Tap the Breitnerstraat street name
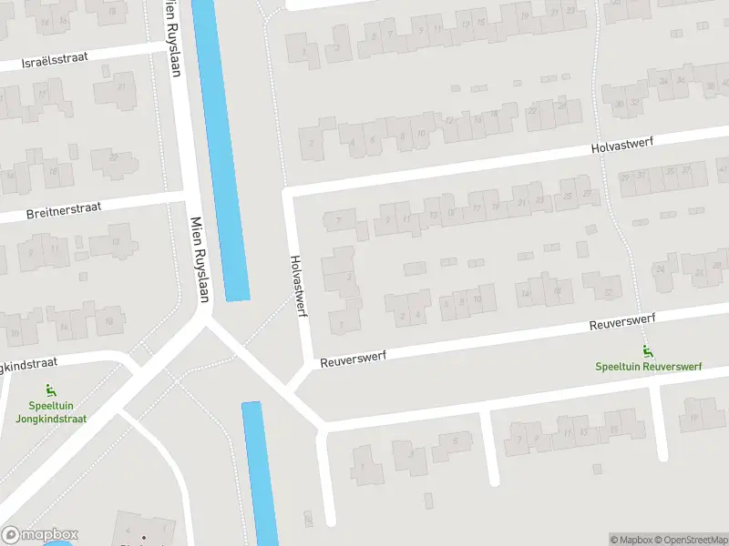pos(65,211)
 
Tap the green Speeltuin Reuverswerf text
pos(648,367)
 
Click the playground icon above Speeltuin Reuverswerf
pos(648,352)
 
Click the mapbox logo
pos(40,534)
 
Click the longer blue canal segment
pos(221,150)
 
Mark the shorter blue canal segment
pos(260,473)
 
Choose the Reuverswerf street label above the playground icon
pos(623,323)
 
